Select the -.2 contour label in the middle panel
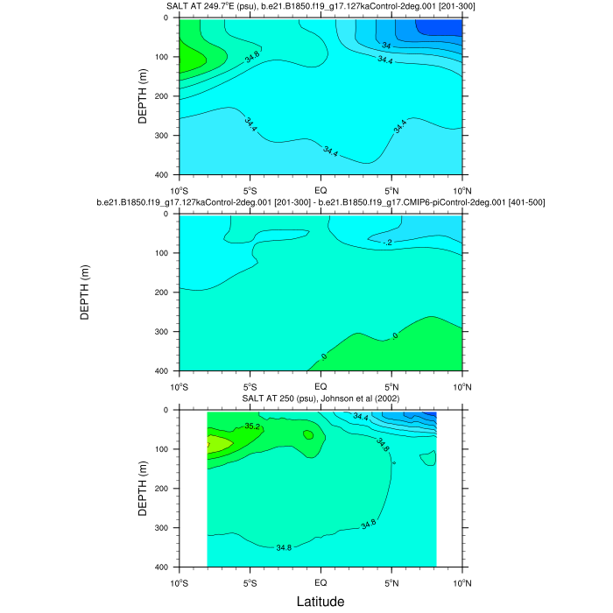tap(388, 242)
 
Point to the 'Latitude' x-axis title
tap(320, 602)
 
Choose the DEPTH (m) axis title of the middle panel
tap(85, 292)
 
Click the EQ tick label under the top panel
tap(321, 189)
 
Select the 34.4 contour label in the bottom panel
tap(361, 417)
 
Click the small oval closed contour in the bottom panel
tap(307, 434)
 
